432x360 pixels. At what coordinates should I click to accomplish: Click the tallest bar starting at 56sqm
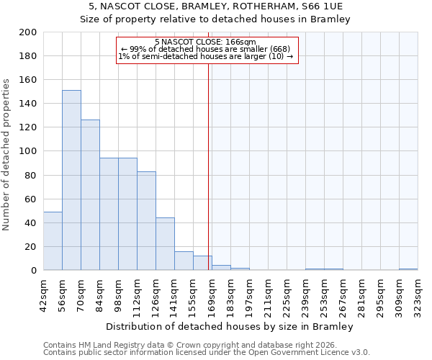pyautogui.click(x=71, y=180)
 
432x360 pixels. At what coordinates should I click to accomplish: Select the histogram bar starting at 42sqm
pyautogui.click(x=53, y=241)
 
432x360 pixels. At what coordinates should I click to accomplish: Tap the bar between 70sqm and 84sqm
pyautogui.click(x=90, y=194)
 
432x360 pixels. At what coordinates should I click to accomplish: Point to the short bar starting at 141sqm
pyautogui.click(x=184, y=261)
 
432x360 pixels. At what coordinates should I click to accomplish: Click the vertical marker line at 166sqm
pyautogui.click(x=209, y=166)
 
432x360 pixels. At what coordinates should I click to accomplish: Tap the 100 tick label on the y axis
pyautogui.click(x=28, y=151)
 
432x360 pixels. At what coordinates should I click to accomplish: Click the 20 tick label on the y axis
pyautogui.click(x=31, y=247)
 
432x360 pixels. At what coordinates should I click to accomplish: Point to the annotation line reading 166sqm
pyautogui.click(x=205, y=42)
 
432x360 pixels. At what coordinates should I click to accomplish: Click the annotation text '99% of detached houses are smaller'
pyautogui.click(x=205, y=49)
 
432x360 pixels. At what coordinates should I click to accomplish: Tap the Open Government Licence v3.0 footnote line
pyautogui.click(x=207, y=353)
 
